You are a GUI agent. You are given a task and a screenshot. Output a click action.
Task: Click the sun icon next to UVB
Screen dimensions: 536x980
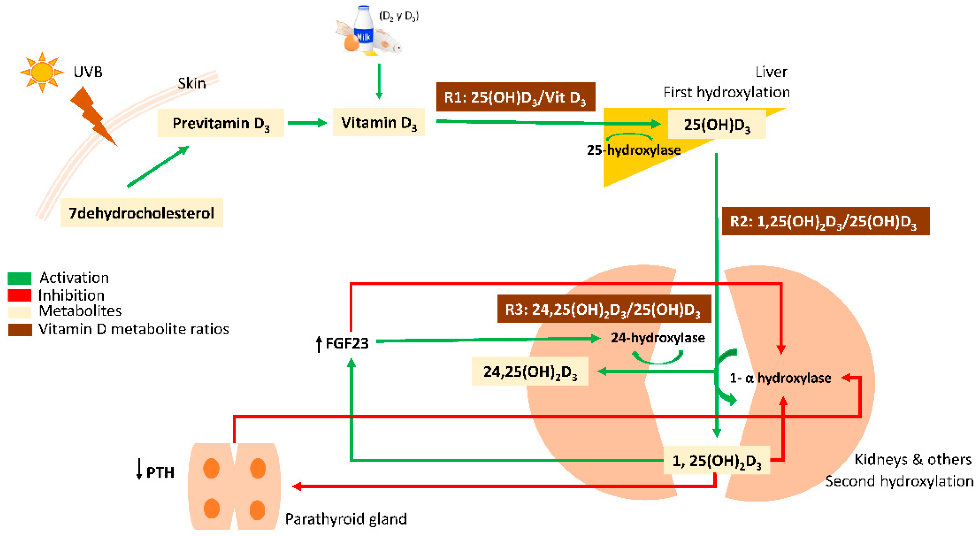tap(42, 72)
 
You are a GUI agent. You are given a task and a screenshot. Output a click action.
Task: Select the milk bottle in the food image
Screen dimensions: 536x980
tap(364, 29)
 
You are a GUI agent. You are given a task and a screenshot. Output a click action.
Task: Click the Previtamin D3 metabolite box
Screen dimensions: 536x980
tap(221, 123)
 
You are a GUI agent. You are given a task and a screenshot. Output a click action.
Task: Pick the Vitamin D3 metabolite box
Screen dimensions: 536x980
tap(379, 122)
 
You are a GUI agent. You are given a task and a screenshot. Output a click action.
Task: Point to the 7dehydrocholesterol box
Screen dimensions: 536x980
tap(142, 213)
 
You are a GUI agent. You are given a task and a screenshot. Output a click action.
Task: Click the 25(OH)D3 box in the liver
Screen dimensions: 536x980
tap(717, 125)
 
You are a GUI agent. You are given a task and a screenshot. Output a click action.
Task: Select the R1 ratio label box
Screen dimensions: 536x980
tap(515, 97)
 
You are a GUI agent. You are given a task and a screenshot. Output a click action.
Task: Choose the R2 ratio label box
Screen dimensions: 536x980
tap(826, 221)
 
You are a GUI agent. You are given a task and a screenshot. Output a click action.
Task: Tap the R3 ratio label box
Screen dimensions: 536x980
tap(604, 309)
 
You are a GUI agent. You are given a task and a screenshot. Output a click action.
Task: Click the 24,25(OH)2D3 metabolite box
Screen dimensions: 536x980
tap(530, 371)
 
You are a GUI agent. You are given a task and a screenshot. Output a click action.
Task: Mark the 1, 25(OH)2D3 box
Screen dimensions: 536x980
tap(717, 460)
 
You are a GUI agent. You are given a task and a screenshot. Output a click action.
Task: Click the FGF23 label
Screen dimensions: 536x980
tap(347, 343)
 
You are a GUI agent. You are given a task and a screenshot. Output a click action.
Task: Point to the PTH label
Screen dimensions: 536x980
tap(160, 472)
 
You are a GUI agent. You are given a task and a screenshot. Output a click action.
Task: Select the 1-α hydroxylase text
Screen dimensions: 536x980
tap(780, 378)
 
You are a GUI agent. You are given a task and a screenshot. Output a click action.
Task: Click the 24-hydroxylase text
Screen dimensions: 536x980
tap(658, 338)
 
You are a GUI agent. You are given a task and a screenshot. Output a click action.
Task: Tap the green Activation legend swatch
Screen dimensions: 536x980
tap(19, 278)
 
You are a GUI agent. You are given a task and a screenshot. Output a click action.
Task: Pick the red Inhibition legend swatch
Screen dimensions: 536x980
tap(19, 295)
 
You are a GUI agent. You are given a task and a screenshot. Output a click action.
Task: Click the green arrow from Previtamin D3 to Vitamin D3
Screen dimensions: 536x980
tap(307, 123)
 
